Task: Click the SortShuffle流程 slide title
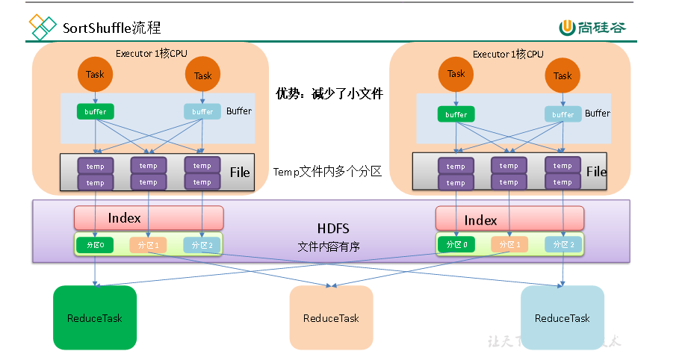tap(112, 28)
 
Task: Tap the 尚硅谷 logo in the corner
tap(593, 28)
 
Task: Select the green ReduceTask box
tap(95, 317)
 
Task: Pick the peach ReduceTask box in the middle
tap(331, 317)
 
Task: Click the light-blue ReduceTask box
tap(562, 317)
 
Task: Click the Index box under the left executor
tap(149, 218)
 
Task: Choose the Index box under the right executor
tap(509, 220)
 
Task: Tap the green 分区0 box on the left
tap(94, 244)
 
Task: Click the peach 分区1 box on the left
tap(148, 244)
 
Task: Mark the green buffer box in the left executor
tap(95, 111)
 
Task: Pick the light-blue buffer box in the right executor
tap(563, 114)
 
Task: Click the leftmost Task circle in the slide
tap(95, 74)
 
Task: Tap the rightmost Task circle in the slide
tap(563, 75)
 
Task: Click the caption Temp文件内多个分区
tap(328, 171)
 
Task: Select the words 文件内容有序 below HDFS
tap(329, 246)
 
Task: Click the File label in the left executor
tap(240, 173)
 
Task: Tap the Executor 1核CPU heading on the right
tap(508, 54)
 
